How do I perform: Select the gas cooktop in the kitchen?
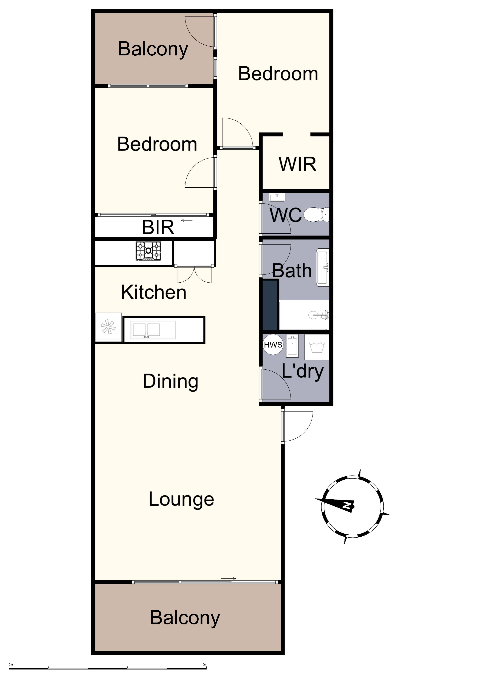[x=148, y=251]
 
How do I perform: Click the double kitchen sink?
[x=153, y=330]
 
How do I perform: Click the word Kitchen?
[x=154, y=292]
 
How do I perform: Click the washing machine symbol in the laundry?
[x=317, y=347]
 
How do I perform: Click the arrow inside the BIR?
[x=187, y=220]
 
